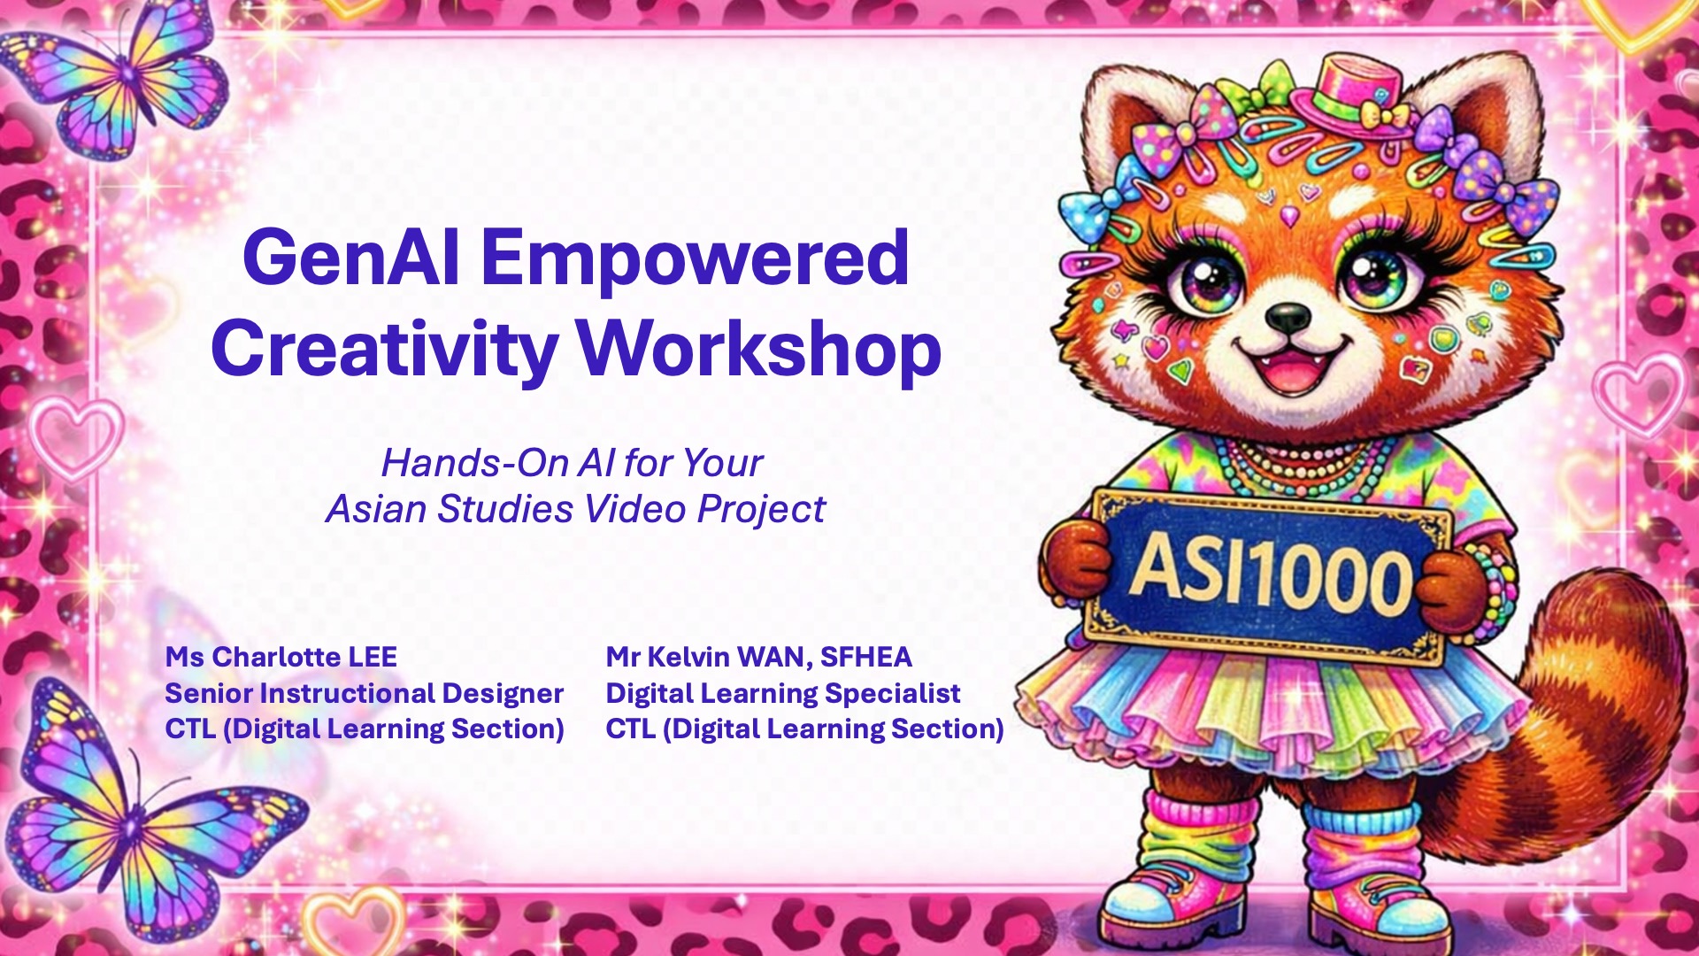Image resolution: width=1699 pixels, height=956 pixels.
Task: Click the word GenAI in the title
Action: [x=350, y=258]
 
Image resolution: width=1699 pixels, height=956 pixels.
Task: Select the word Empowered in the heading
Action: [x=695, y=258]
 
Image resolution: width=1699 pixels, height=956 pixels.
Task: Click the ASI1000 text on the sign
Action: [x=1271, y=576]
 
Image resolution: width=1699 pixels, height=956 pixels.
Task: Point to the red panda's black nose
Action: [x=1288, y=317]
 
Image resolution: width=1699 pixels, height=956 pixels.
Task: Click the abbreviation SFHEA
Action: [x=865, y=658]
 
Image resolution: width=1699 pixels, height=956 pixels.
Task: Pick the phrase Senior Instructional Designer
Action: [x=364, y=693]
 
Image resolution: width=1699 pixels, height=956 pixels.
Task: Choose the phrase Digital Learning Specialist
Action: [x=782, y=693]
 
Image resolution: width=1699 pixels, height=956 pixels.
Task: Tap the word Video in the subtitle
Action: [x=634, y=509]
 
